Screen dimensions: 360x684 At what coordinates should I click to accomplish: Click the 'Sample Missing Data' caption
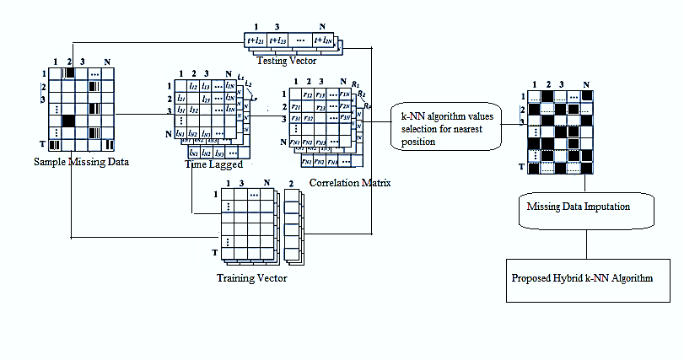click(x=82, y=162)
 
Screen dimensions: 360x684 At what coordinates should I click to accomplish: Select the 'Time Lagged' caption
click(x=214, y=164)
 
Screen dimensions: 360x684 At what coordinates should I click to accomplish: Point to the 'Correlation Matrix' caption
click(x=343, y=181)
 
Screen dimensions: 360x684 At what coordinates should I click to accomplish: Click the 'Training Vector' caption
click(x=252, y=277)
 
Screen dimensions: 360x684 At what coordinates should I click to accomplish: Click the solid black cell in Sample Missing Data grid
click(x=68, y=121)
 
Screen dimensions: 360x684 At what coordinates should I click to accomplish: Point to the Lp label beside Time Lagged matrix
click(x=253, y=99)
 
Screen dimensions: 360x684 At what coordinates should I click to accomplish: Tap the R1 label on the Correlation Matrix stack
click(x=358, y=86)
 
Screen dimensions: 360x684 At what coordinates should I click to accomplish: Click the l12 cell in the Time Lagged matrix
click(x=193, y=87)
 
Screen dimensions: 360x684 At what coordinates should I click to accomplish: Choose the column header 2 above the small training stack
click(x=291, y=183)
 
